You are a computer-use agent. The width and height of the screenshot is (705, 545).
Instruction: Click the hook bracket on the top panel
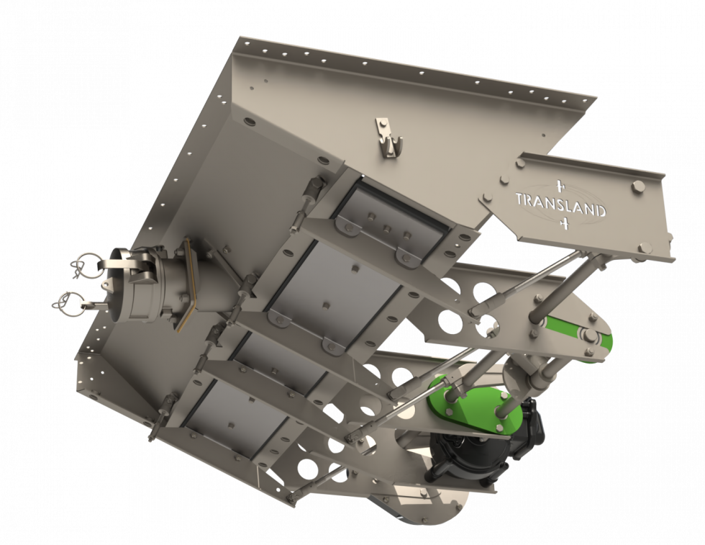click(x=390, y=137)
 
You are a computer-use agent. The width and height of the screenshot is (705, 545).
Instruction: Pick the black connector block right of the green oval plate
click(x=533, y=425)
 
